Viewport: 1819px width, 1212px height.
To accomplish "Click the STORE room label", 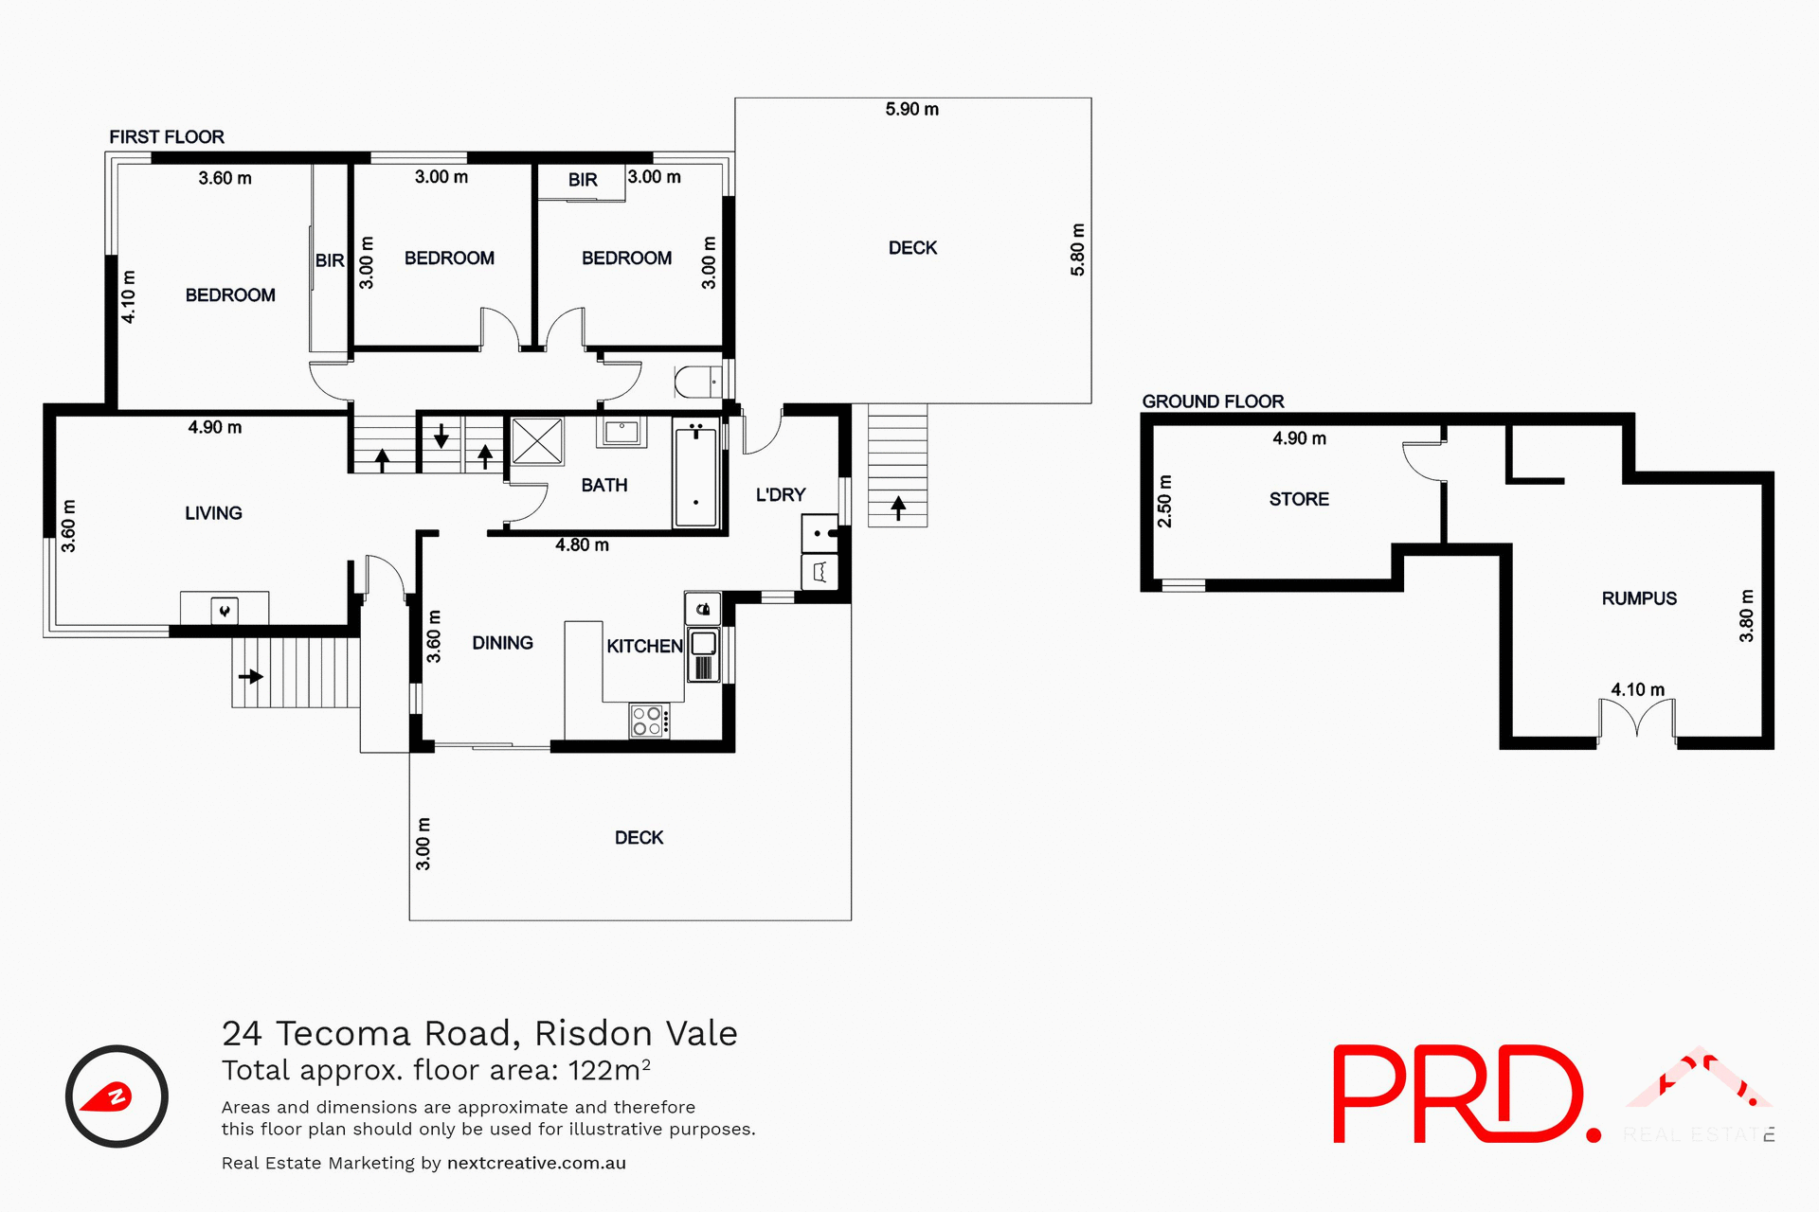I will point(1299,499).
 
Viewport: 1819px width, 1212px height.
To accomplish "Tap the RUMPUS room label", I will point(1638,598).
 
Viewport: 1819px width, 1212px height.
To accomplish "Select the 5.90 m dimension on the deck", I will point(911,109).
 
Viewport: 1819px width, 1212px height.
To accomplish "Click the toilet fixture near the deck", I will point(696,382).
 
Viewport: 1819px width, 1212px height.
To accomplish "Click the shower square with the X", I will point(537,441).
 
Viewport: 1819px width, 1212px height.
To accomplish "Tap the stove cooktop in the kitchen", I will point(648,721).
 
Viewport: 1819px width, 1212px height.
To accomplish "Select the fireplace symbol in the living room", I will point(225,611).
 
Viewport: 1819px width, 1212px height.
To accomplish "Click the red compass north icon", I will point(116,1096).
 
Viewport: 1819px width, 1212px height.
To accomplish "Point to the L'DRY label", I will point(780,494).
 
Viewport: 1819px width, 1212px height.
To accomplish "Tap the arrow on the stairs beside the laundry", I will point(898,508).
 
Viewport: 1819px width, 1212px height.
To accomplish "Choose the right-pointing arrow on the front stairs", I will point(251,676).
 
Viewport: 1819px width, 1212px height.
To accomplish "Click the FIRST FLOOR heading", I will point(167,137).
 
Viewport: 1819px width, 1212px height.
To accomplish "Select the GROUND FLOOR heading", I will point(1213,401).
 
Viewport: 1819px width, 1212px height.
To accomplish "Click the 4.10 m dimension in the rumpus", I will point(1637,689).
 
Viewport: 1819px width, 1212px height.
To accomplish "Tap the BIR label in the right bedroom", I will point(583,180).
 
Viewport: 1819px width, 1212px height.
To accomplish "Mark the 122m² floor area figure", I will point(609,1070).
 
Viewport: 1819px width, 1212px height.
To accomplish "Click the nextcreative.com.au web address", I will point(536,1163).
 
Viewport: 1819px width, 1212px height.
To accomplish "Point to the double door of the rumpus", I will point(1637,720).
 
